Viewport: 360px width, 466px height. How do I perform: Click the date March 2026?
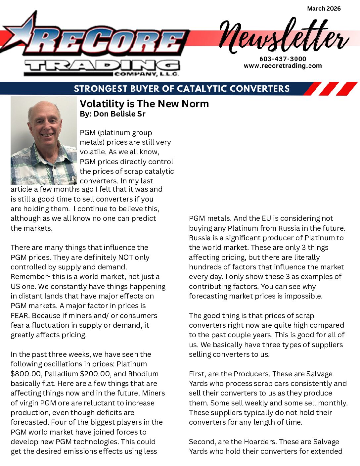[x=324, y=9]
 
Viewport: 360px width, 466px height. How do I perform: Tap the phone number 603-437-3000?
[x=283, y=59]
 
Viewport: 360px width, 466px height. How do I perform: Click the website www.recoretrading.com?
[x=283, y=66]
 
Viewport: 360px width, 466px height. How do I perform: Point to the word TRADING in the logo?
[x=102, y=67]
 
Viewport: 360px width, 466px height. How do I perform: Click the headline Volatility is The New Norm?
[x=144, y=104]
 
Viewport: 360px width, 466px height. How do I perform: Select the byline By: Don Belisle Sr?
[x=112, y=114]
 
